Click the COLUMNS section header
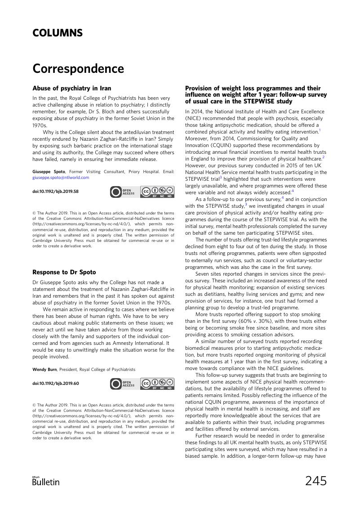[x=58, y=33]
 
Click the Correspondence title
[x=78, y=69]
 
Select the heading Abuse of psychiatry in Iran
[x=72, y=88]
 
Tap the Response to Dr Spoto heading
[x=64, y=272]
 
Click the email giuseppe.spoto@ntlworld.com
[x=61, y=178]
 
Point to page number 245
[x=316, y=481]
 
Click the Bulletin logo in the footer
[x=46, y=481]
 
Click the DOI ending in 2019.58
[x=56, y=192]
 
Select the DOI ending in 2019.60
[x=56, y=384]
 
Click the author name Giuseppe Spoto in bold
[x=48, y=172]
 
